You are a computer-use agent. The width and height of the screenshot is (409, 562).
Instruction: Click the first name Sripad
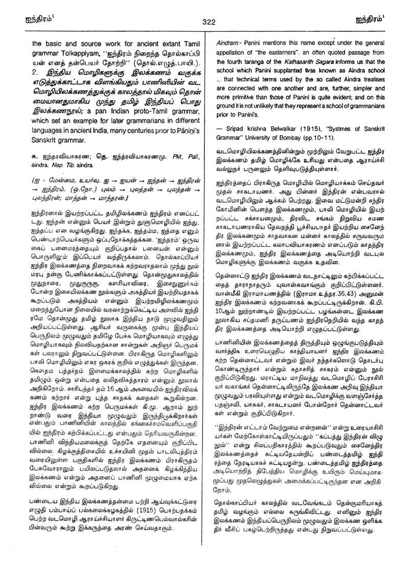[x=237, y=138]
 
